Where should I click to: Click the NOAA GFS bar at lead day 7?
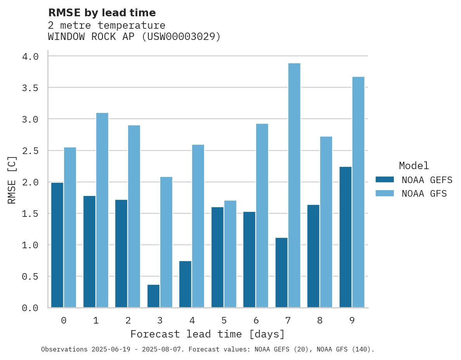click(x=294, y=185)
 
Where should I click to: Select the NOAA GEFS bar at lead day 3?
click(x=153, y=296)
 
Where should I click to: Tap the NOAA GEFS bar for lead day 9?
click(x=345, y=237)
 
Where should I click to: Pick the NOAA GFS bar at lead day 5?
click(x=230, y=254)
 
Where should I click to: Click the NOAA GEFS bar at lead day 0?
click(x=57, y=245)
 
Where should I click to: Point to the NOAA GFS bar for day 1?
click(x=102, y=210)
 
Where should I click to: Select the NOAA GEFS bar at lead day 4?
click(x=185, y=284)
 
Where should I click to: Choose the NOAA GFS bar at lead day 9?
click(x=358, y=192)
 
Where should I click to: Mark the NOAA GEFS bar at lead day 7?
click(x=281, y=272)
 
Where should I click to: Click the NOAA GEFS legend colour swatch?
click(x=385, y=180)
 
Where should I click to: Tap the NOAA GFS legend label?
click(x=424, y=194)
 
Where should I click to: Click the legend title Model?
click(x=414, y=166)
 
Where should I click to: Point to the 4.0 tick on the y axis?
click(x=30, y=57)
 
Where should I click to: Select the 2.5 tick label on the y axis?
click(x=30, y=151)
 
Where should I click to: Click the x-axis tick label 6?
click(x=256, y=320)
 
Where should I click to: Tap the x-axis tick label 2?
click(x=128, y=320)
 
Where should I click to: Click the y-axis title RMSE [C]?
click(x=12, y=180)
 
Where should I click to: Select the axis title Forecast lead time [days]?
click(x=208, y=334)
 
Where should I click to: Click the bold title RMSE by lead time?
click(x=102, y=13)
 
